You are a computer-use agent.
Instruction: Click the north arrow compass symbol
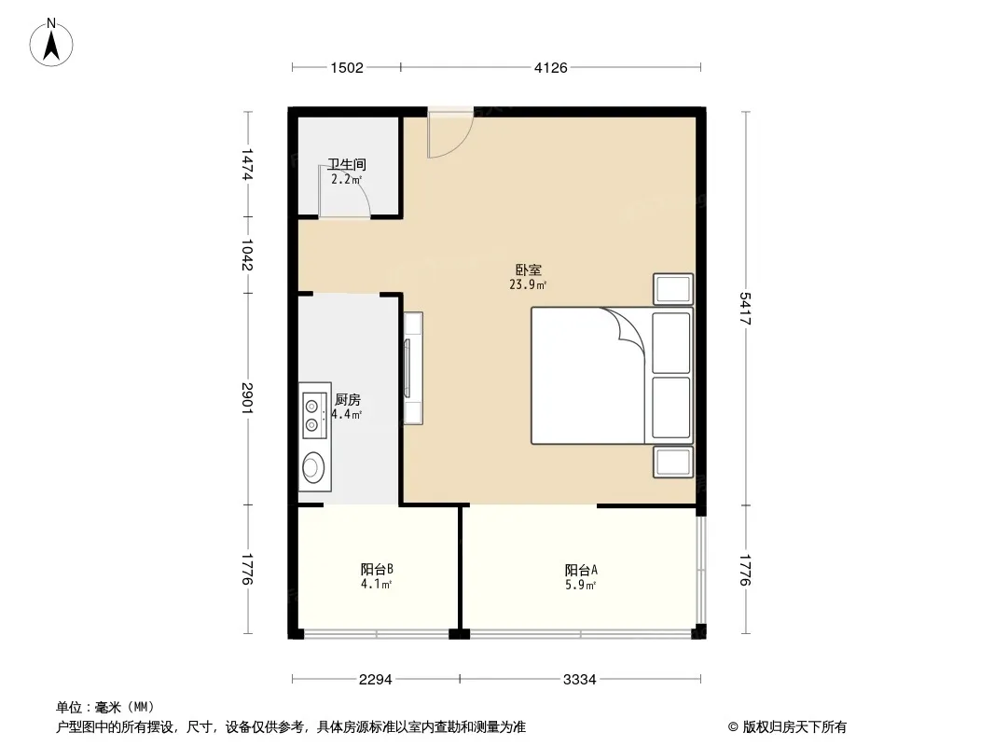[51, 43]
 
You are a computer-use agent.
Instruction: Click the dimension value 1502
[347, 68]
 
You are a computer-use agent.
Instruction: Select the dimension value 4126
[550, 68]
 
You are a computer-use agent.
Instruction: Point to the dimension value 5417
[746, 309]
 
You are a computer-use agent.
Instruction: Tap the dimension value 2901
[247, 399]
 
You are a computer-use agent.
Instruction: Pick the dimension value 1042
[247, 255]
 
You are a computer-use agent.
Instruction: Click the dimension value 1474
[247, 164]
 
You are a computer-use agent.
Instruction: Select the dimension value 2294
[375, 680]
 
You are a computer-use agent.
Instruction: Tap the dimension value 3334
[579, 680]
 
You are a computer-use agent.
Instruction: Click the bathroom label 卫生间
[347, 165]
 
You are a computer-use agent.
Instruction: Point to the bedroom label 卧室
[528, 270]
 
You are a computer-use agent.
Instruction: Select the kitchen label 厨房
[348, 400]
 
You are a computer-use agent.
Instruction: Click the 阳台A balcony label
[581, 570]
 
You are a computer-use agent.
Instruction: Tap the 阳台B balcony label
[377, 569]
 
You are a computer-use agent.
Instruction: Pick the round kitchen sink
[311, 468]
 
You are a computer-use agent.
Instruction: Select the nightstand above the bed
[672, 290]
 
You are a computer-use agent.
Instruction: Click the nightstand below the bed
[672, 462]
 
